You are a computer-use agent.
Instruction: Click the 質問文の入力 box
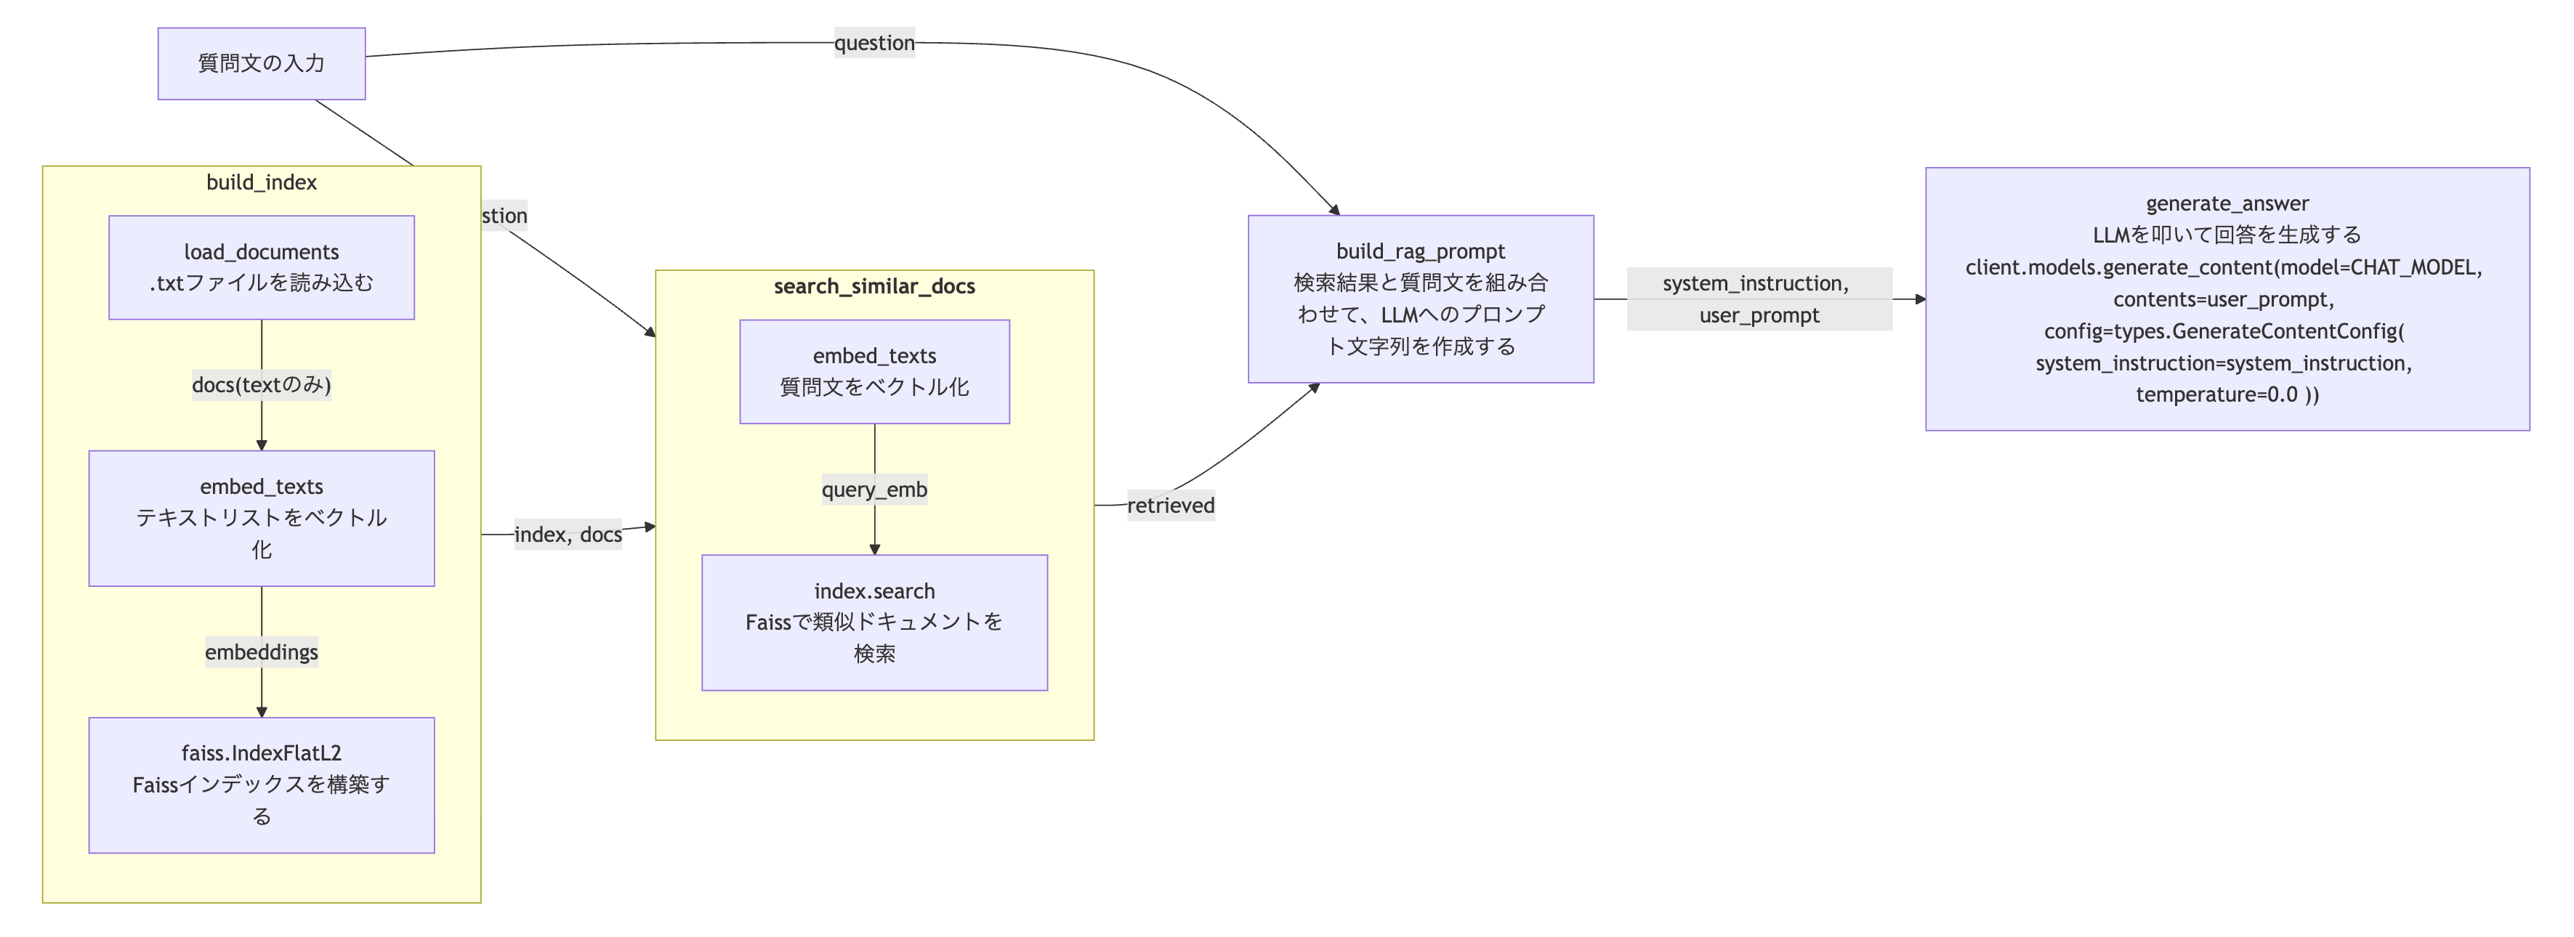click(261, 63)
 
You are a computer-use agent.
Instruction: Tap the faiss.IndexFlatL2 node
click(261, 784)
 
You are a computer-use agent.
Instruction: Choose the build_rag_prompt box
click(1420, 299)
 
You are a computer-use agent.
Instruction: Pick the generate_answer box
click(2227, 299)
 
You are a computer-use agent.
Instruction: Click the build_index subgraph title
click(261, 182)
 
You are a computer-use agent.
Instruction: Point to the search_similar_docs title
click(874, 285)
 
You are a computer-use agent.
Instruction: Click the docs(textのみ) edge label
click(261, 384)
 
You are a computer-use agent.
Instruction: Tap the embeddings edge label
click(261, 652)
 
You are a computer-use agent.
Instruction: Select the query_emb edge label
click(874, 490)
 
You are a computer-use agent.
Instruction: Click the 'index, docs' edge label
click(568, 535)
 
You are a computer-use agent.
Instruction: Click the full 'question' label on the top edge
click(874, 43)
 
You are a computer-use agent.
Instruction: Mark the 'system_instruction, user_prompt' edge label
click(1759, 299)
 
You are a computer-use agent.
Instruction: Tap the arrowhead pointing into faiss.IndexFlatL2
click(262, 711)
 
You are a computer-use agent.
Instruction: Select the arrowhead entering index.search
click(874, 548)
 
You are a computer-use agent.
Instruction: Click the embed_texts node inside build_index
click(261, 517)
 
